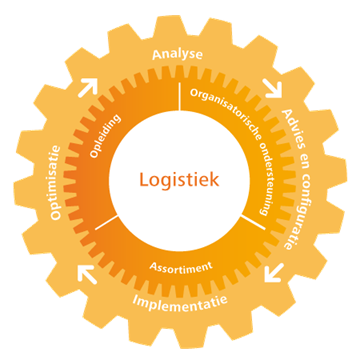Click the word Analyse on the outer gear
click(177, 54)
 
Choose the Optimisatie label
click(55, 182)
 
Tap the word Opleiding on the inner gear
click(105, 136)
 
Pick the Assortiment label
click(181, 266)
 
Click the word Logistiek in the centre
click(179, 180)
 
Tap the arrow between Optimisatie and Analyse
click(88, 88)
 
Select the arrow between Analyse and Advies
click(272, 88)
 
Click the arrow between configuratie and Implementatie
click(274, 272)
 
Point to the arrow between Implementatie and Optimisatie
click(87, 274)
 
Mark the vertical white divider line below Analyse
click(179, 96)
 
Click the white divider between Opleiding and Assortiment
click(106, 222)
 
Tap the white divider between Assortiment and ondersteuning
click(253, 222)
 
